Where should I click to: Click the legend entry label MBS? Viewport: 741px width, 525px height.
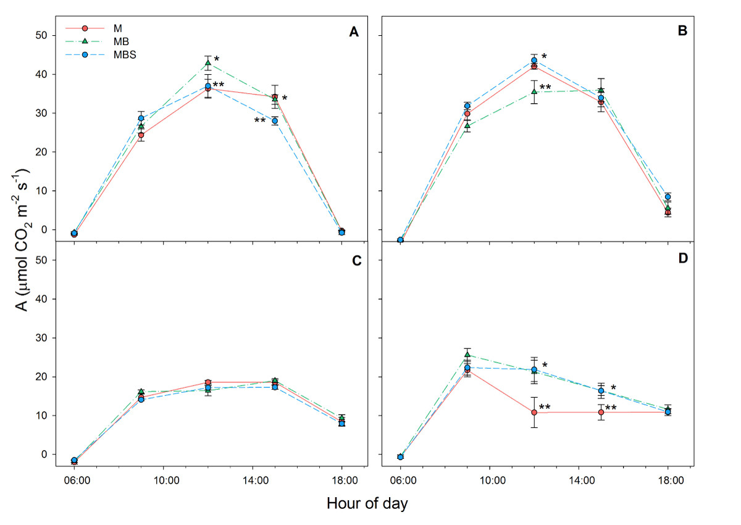click(125, 54)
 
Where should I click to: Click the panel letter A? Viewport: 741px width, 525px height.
click(354, 32)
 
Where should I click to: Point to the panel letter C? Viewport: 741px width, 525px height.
click(356, 260)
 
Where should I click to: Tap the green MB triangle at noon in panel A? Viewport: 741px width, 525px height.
click(208, 63)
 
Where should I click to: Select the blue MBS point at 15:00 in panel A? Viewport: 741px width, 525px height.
click(275, 121)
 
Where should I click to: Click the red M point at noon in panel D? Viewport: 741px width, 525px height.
click(534, 413)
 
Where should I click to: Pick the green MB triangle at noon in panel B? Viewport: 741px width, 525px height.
click(534, 92)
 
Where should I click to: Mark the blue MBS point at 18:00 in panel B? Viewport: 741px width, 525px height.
click(668, 197)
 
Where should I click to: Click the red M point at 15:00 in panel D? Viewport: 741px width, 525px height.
click(601, 412)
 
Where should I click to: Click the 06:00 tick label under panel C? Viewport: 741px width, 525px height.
click(74, 479)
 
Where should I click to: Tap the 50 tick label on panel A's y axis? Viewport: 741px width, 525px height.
click(41, 35)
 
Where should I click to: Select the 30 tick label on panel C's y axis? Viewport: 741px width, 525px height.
click(41, 338)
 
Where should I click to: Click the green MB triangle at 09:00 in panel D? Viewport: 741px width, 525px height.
click(467, 355)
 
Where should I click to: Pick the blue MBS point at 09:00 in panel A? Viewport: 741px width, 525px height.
click(141, 118)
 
